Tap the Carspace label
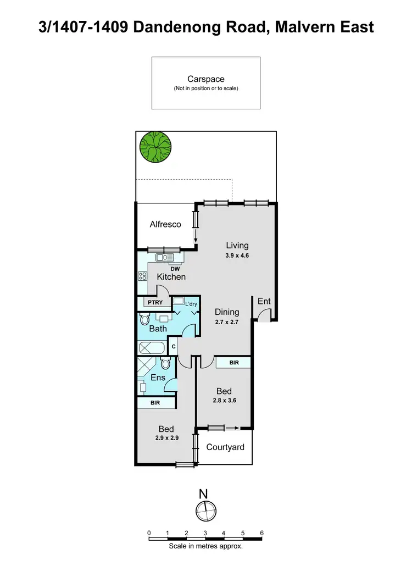point(205,80)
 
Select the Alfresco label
point(165,224)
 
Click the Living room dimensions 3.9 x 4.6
point(237,256)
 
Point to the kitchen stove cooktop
point(142,276)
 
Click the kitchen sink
point(164,257)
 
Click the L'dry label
point(191,304)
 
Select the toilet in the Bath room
point(145,319)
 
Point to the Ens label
point(158,378)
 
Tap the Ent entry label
point(264,301)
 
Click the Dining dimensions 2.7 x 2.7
point(226,322)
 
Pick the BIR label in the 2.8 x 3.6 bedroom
point(233,363)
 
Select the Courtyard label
point(225,447)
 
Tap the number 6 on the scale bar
point(262,533)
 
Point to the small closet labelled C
point(174,347)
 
